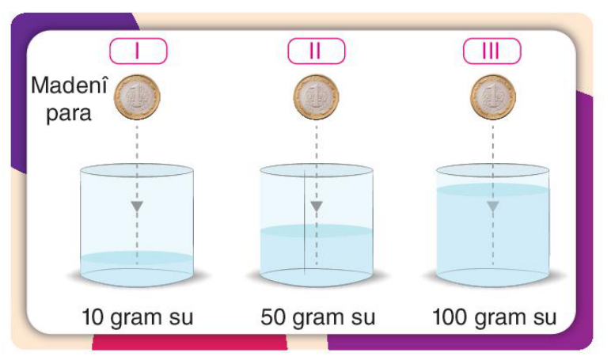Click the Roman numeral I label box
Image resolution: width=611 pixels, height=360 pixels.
(x=139, y=51)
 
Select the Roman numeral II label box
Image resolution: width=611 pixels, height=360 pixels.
(x=317, y=51)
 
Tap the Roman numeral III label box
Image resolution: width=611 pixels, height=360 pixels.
(x=491, y=51)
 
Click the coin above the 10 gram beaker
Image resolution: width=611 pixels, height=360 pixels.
(x=137, y=97)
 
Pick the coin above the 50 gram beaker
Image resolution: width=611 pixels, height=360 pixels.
(x=317, y=97)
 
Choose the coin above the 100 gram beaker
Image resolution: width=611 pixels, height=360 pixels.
(x=493, y=97)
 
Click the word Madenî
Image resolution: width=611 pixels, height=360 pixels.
(x=69, y=85)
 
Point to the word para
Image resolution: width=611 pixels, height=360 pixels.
(x=69, y=113)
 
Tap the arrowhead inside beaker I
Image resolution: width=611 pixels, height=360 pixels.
(x=137, y=206)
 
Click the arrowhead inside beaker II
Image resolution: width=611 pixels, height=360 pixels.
(x=317, y=206)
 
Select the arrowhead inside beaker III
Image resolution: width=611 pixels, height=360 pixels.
(x=493, y=206)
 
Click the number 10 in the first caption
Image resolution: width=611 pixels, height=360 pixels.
(x=93, y=316)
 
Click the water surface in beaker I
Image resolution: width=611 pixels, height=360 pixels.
(x=137, y=257)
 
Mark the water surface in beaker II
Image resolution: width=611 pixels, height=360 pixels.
(x=317, y=231)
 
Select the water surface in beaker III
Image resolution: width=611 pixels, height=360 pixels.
(x=493, y=189)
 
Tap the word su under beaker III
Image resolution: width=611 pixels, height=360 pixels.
(x=545, y=318)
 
